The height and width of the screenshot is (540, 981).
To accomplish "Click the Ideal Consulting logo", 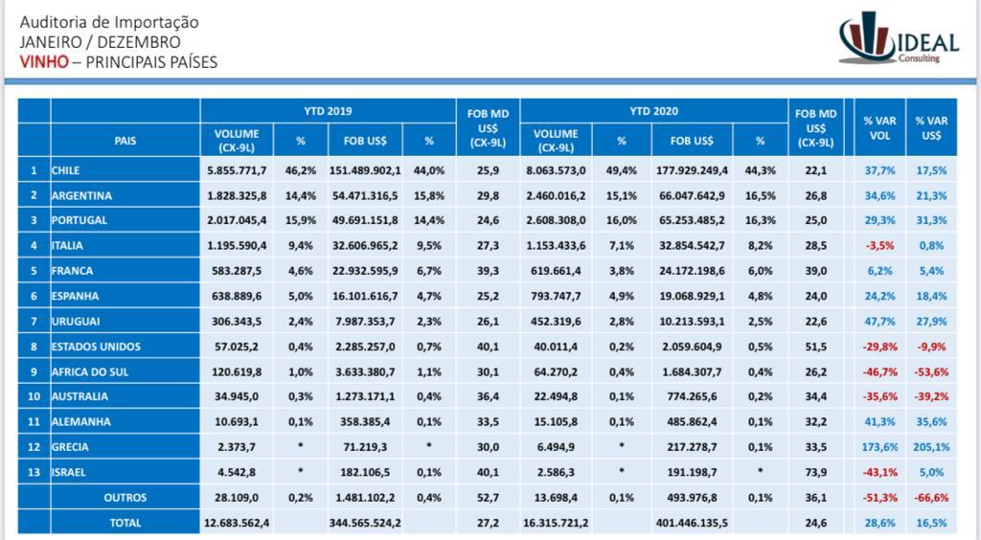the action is [899, 37].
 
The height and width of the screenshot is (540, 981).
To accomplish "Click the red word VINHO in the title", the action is [44, 62].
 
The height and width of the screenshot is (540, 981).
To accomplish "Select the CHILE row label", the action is [66, 170].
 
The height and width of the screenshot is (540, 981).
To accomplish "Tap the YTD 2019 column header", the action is [328, 111].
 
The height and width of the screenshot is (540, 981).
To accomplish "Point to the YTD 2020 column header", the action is [653, 111].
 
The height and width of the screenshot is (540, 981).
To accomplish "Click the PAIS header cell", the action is [125, 141].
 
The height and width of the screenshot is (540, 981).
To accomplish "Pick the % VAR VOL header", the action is [879, 128].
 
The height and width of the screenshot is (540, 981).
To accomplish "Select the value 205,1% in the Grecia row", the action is [931, 447].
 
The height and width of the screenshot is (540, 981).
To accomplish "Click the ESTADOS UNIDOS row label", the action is [96, 347].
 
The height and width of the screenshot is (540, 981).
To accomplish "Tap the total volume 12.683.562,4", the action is [237, 523].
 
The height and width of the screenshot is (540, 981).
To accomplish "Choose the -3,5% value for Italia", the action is [879, 246].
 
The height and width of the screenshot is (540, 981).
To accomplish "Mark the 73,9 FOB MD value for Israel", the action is [816, 472].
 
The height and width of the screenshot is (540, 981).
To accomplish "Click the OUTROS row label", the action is [125, 498].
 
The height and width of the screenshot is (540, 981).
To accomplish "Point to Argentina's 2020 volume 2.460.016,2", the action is [556, 195].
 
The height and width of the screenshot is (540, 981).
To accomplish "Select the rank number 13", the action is [34, 472].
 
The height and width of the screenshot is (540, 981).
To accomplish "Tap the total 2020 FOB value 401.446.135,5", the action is [692, 523].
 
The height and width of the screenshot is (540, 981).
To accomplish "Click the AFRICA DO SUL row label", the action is [89, 371].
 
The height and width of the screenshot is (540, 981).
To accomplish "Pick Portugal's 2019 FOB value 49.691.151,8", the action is [365, 220].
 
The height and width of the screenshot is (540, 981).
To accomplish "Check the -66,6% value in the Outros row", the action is [931, 498].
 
